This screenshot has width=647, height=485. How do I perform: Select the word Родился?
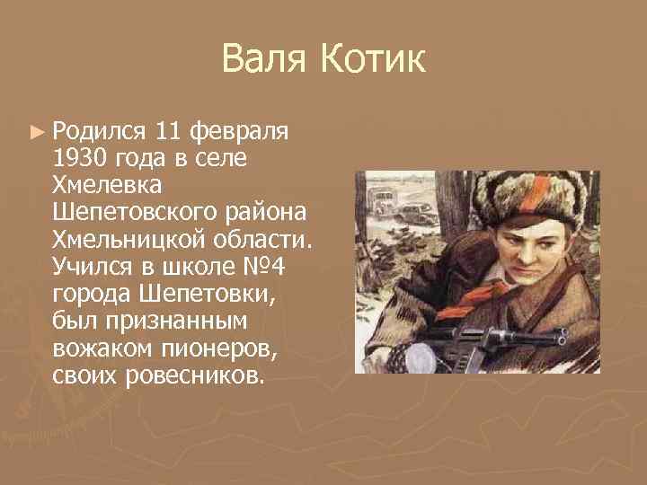click(99, 133)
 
